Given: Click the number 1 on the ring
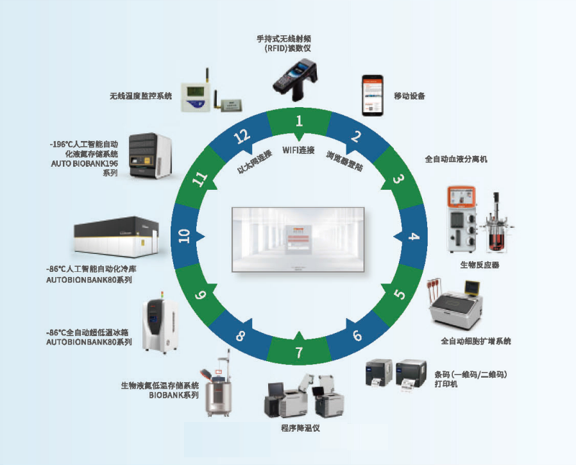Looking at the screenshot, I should [x=298, y=120].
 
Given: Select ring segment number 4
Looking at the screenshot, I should [x=414, y=237].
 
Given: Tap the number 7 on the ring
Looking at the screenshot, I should [x=298, y=352].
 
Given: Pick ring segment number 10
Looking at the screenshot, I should [x=185, y=237].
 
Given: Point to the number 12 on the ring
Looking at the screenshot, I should [x=241, y=136].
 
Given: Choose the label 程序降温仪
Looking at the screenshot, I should [x=300, y=428].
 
